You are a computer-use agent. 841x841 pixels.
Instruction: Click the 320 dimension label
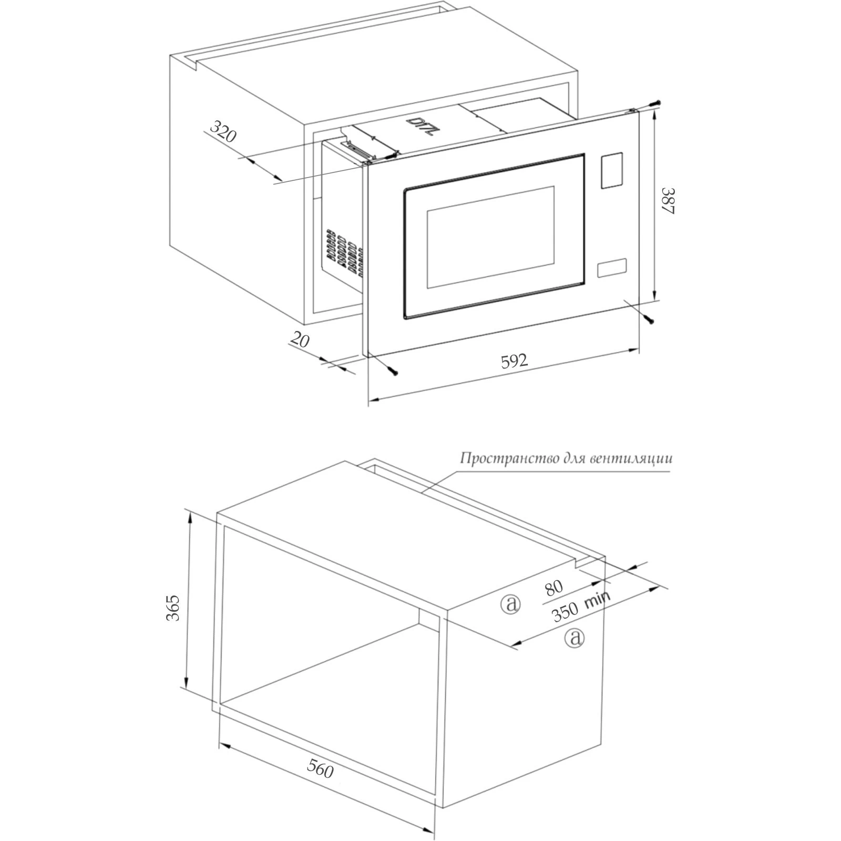point(223,131)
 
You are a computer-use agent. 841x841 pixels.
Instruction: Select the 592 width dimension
point(514,361)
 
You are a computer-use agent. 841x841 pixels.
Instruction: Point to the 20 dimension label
point(300,341)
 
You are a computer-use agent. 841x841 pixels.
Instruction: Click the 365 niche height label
point(173,608)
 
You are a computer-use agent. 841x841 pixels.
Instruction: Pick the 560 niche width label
point(320,769)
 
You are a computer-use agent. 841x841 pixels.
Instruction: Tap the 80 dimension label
point(553,587)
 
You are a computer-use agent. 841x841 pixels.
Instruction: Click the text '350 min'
point(581,606)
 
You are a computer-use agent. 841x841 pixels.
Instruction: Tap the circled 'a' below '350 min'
point(574,638)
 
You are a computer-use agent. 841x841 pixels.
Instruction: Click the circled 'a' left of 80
point(510,603)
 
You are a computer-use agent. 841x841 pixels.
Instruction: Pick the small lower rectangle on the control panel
point(612,268)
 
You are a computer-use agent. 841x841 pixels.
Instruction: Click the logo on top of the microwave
point(421,127)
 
